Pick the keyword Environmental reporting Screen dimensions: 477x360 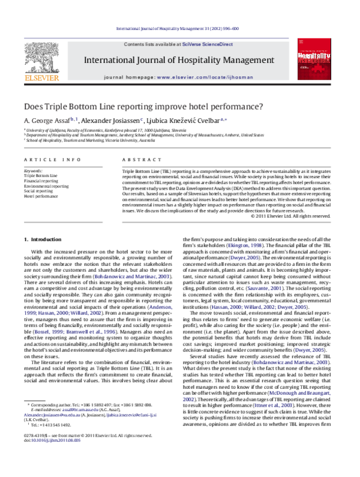tap(46, 187)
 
